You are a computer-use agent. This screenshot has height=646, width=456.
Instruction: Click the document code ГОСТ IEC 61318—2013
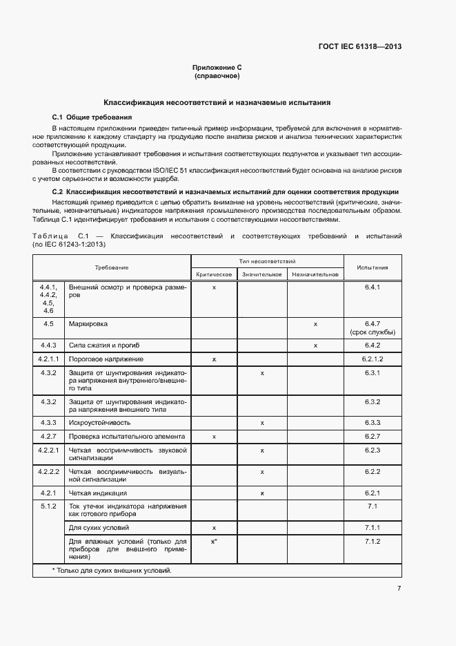359,47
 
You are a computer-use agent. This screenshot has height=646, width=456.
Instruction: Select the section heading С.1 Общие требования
92,117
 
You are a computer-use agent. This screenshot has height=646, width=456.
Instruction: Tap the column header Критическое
214,274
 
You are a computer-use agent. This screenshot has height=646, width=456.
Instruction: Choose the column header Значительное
262,274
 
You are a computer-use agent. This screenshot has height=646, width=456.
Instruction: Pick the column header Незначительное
315,274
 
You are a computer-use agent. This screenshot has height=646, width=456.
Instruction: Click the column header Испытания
372,267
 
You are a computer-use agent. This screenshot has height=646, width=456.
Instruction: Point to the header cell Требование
112,267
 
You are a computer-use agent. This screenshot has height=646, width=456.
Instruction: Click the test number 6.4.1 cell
372,287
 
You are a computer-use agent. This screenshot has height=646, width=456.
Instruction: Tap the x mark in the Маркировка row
315,323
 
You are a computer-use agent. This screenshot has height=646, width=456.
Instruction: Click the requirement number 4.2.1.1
48,359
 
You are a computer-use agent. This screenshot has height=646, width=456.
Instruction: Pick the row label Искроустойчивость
99,422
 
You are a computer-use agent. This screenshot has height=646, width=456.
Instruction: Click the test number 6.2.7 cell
372,437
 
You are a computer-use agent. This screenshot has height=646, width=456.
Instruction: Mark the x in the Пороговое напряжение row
214,359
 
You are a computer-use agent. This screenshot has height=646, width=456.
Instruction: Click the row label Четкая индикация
97,493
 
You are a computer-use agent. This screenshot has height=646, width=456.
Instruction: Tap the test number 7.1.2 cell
372,542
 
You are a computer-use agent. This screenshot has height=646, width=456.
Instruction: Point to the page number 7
399,589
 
